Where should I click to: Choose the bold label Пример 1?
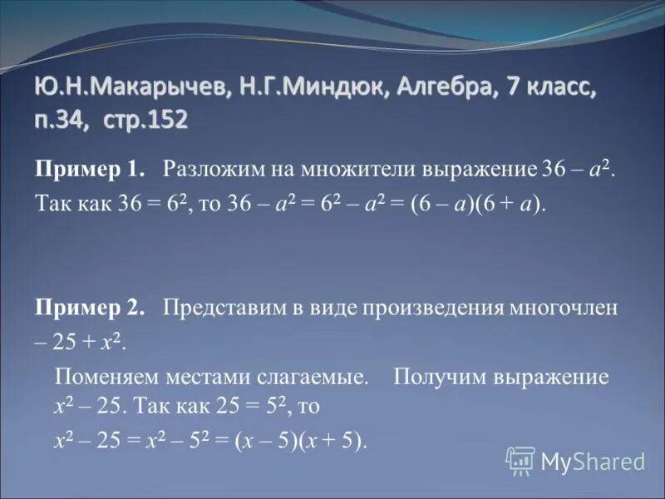click(90, 170)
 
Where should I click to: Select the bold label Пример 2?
click(90, 309)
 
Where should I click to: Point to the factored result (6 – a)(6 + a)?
click(475, 205)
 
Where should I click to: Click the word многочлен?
click(570, 309)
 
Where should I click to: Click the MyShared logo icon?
click(520, 460)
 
